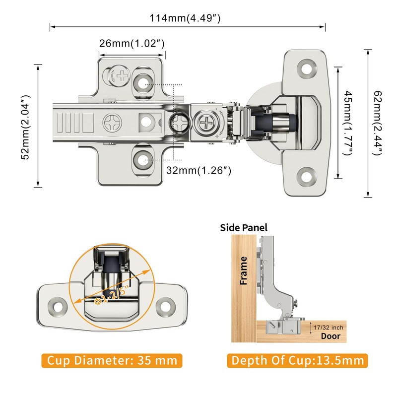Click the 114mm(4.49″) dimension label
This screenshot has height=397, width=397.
(x=185, y=18)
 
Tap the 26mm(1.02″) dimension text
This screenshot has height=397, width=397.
(x=132, y=43)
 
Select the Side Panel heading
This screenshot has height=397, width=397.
(x=244, y=228)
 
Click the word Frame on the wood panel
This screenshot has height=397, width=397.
(x=244, y=270)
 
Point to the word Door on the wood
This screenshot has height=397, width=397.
(x=331, y=336)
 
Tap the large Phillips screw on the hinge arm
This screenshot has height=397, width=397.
(x=112, y=121)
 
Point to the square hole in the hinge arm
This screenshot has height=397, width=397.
(x=147, y=121)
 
